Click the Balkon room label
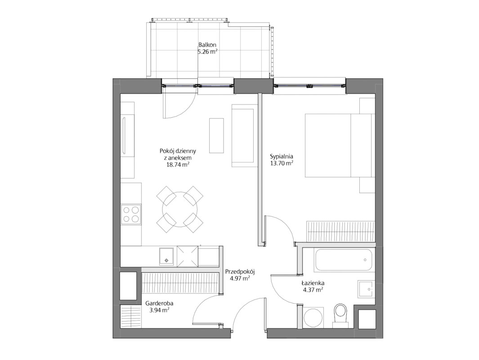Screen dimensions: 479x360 click(x=207, y=45)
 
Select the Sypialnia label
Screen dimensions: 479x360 click(x=282, y=157)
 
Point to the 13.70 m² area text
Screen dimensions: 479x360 click(x=282, y=163)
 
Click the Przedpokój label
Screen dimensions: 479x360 click(x=240, y=271)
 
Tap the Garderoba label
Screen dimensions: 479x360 click(x=159, y=303)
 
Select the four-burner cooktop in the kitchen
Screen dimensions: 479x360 click(x=131, y=214)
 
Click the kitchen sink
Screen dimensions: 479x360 click(x=166, y=256)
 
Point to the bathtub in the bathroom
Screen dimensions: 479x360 click(x=343, y=260)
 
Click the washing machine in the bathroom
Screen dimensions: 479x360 click(x=314, y=317)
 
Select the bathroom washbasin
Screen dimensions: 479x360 click(x=366, y=289)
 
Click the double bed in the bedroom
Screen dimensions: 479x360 click(x=340, y=145)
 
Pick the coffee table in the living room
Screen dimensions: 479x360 click(x=217, y=135)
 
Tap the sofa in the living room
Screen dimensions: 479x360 click(x=243, y=136)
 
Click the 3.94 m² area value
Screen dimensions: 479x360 click(x=159, y=310)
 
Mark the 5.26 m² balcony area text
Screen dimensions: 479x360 click(x=207, y=52)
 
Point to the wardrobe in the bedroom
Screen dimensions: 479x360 click(x=340, y=231)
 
